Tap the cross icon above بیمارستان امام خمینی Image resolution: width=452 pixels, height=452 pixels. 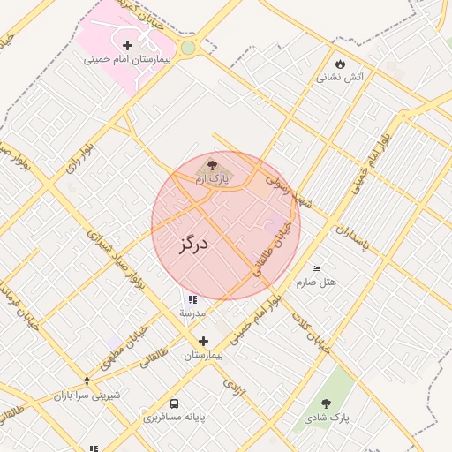click(x=128, y=45)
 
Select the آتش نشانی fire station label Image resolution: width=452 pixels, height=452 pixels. click(x=341, y=78)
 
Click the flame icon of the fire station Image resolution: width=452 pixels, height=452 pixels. click(x=341, y=64)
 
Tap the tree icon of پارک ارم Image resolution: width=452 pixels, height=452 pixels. click(x=211, y=165)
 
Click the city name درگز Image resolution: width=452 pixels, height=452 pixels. click(x=192, y=244)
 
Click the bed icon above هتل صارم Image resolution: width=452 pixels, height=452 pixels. click(x=317, y=268)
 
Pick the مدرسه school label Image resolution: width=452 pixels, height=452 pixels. click(x=192, y=313)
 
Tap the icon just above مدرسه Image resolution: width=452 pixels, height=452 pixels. click(x=192, y=300)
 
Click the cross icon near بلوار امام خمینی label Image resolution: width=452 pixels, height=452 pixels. click(x=204, y=341)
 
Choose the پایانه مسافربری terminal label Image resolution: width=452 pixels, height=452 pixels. click(x=175, y=416)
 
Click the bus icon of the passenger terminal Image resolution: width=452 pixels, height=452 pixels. click(x=174, y=403)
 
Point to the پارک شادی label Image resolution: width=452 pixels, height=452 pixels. click(x=327, y=416)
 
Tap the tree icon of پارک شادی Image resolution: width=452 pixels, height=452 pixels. click(x=327, y=403)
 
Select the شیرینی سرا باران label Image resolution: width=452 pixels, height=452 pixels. click(x=86, y=395)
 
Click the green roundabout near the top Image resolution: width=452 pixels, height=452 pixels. click(x=187, y=47)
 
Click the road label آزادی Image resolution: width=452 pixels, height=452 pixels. click(x=233, y=386)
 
